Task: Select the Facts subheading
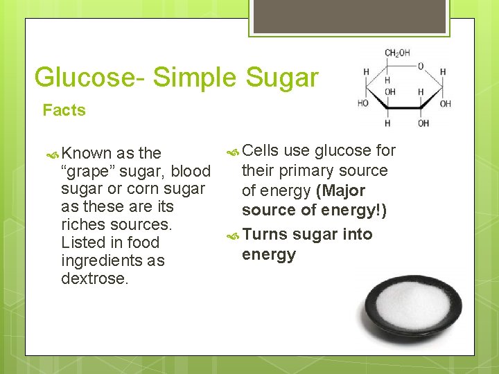point(64,111)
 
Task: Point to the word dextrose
point(94,279)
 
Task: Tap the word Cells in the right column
point(260,150)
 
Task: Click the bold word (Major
point(340,190)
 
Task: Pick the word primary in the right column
point(308,170)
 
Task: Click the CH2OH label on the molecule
point(397,53)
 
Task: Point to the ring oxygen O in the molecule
point(420,66)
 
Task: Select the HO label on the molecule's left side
point(363,103)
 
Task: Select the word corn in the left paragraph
point(144,189)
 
